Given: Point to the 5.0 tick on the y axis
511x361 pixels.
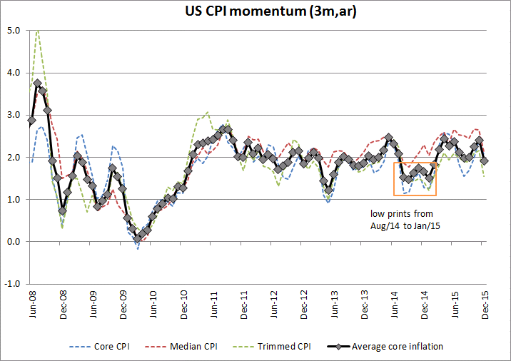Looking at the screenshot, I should [x=13, y=31].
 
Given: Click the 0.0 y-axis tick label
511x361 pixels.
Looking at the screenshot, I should [x=13, y=242].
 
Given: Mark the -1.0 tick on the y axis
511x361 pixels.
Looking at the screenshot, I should [x=11, y=284].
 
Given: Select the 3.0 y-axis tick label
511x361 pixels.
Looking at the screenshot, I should [x=13, y=115].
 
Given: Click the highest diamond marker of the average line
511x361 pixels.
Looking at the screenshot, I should [x=37, y=83].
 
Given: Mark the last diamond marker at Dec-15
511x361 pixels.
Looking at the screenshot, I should [x=485, y=161].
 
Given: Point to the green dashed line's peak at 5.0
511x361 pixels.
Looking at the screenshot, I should [x=37, y=31].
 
